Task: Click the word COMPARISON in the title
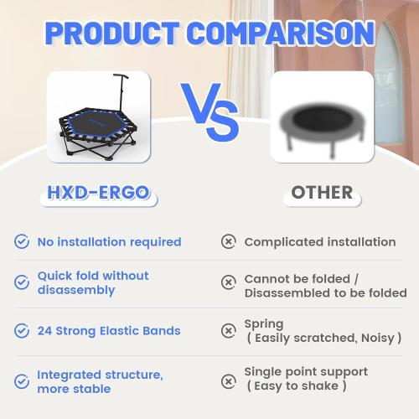point(282,33)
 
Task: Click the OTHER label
point(322,193)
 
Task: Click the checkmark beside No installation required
point(22,242)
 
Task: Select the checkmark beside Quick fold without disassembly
point(22,282)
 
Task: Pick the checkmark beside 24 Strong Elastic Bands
point(22,331)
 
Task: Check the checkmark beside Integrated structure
point(22,380)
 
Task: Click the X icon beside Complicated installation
point(228,242)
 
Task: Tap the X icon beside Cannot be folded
point(228,283)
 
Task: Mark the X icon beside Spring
point(228,331)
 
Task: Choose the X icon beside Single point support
point(228,380)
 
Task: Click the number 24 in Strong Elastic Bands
point(45,331)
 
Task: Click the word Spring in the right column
point(263,323)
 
